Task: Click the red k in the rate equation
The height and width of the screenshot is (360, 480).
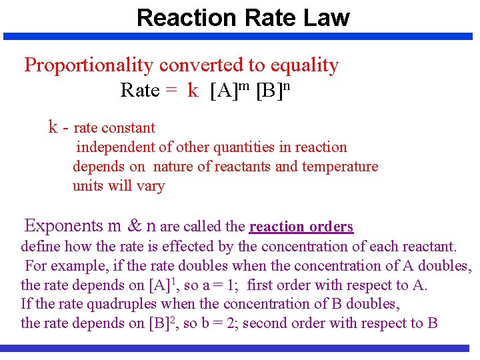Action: [x=193, y=91]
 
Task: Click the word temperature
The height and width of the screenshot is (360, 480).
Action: [x=340, y=167]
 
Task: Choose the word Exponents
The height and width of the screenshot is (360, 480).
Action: [x=63, y=226]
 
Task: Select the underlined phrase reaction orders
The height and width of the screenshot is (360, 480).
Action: [x=301, y=227]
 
